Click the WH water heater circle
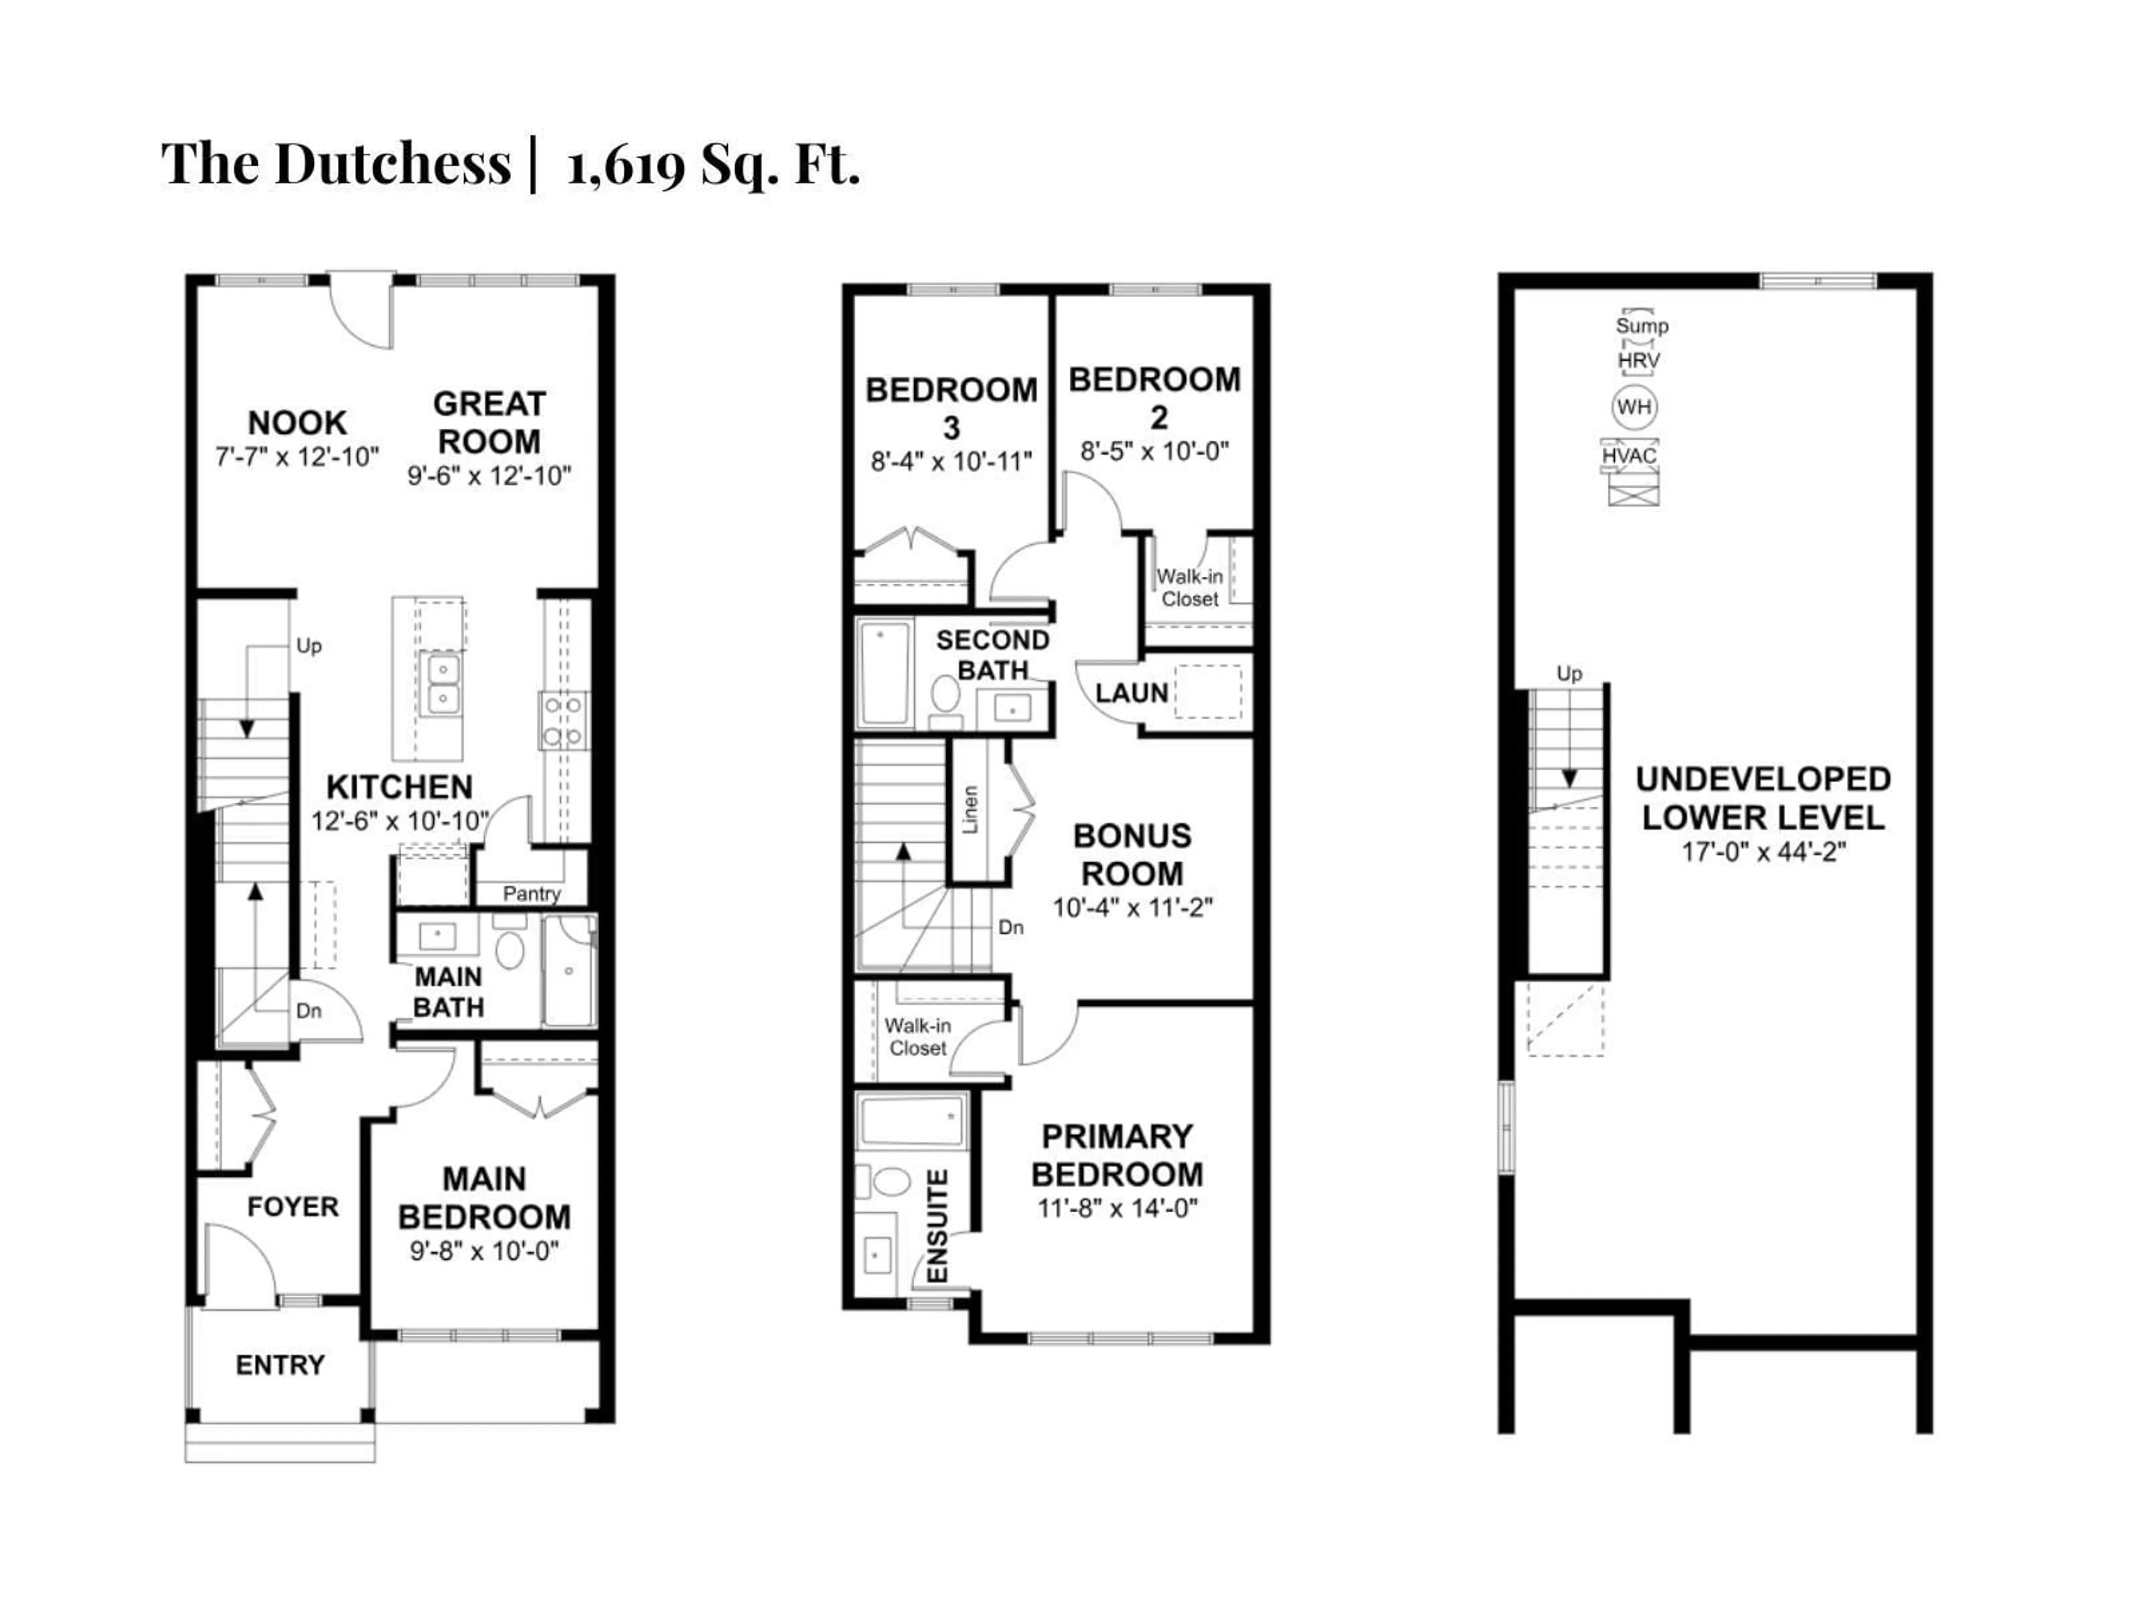pos(1634,407)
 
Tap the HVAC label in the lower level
pos(1630,455)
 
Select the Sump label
pos(1641,326)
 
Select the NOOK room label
pos(297,423)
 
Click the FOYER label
pos(293,1207)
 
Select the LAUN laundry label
pos(1131,693)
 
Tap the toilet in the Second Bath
pos(945,694)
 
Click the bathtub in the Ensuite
pos(911,1122)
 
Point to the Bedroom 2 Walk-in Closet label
pos(1189,587)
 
